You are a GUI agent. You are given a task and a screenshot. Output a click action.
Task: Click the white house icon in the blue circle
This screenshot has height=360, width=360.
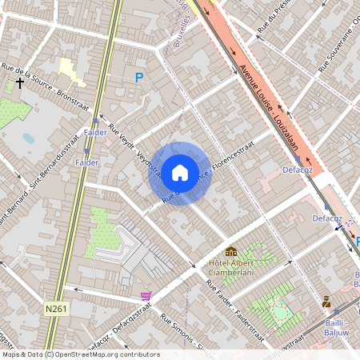(180, 172)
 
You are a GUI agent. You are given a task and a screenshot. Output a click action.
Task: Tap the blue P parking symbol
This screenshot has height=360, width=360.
(139, 78)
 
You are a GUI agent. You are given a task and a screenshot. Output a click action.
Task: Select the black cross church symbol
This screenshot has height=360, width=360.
(19, 82)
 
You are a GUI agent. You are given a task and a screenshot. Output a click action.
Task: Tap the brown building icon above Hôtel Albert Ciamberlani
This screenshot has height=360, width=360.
(231, 252)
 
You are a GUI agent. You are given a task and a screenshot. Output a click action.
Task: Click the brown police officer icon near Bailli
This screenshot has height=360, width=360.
(326, 302)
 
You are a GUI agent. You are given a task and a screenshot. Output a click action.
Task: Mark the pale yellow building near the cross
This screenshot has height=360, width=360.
(71, 71)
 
